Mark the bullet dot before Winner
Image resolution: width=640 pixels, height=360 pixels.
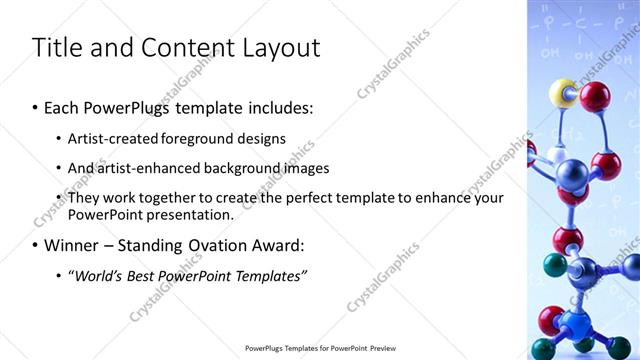[36, 245]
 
